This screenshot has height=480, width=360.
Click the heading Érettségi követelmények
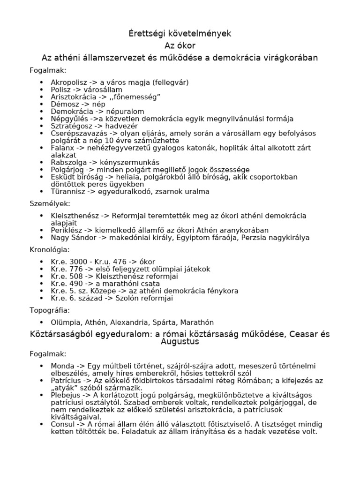pos(180,33)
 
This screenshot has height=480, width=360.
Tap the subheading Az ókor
pos(180,45)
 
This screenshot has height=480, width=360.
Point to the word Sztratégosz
pos(71,126)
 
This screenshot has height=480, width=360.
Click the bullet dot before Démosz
pos(42,104)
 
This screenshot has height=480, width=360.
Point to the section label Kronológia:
pos(49,250)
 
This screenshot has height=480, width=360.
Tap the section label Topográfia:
pos(50,310)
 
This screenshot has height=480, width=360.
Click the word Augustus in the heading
pos(180,342)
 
